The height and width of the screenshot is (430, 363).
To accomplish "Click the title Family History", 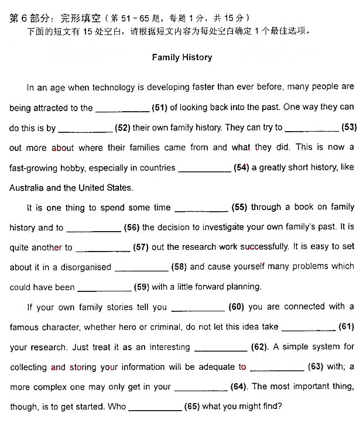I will click(x=181, y=57).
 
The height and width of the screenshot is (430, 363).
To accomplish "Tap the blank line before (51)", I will click(x=122, y=109).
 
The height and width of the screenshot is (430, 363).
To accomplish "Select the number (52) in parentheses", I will click(x=122, y=128).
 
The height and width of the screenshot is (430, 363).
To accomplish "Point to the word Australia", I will click(x=29, y=188).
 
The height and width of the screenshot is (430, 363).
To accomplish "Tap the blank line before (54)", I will click(x=204, y=170).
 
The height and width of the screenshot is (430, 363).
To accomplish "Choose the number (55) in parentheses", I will click(x=239, y=207).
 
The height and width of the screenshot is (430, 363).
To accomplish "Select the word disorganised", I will click(x=85, y=267).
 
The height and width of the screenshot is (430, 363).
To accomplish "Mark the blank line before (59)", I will click(x=104, y=290).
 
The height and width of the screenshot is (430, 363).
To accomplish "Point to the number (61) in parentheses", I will click(x=347, y=326).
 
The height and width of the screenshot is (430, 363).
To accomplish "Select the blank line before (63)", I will click(x=277, y=370).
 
